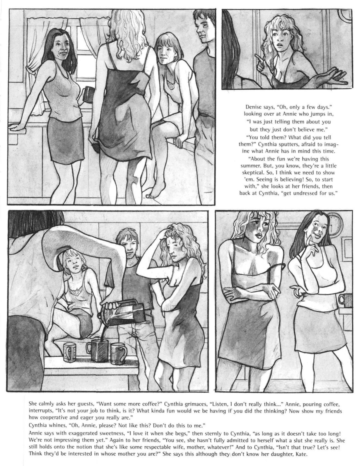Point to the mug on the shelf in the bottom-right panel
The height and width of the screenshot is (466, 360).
[345, 301]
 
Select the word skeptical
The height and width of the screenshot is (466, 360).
[251, 172]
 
